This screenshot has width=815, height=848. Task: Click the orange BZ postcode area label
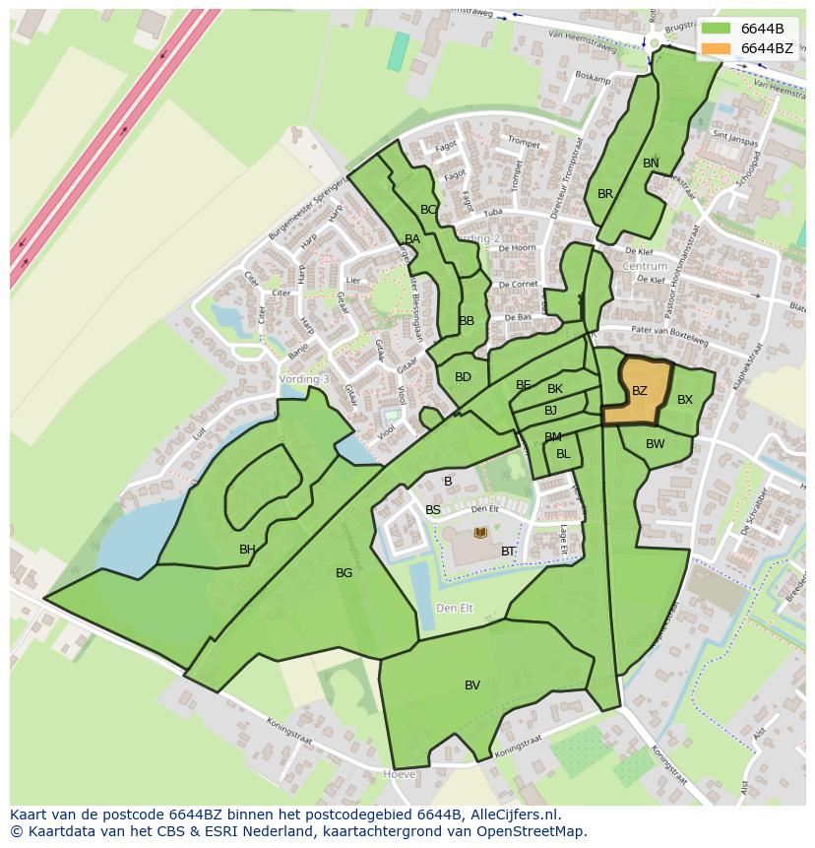tap(640, 391)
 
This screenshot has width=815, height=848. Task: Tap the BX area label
tap(685, 400)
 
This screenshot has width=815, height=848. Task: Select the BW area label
tap(656, 444)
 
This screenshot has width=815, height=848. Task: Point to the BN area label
tap(651, 163)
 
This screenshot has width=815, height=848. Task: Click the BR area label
tap(605, 194)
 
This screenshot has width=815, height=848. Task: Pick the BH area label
tap(247, 550)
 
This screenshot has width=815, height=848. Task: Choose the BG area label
tap(344, 573)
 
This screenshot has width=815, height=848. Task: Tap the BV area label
tap(472, 685)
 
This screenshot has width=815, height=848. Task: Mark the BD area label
tap(463, 377)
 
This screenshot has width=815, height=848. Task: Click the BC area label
tap(428, 210)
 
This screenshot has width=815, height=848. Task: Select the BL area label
tap(563, 454)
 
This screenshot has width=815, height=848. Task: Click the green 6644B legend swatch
tap(717, 29)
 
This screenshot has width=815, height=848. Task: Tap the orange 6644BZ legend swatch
tap(717, 48)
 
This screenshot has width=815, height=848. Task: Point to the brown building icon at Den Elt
tap(480, 533)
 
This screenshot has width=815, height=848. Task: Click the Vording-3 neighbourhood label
tap(304, 379)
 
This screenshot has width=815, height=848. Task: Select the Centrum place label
tap(645, 266)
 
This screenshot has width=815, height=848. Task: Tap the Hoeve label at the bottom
tap(399, 775)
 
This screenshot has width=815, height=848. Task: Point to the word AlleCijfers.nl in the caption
tap(512, 815)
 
